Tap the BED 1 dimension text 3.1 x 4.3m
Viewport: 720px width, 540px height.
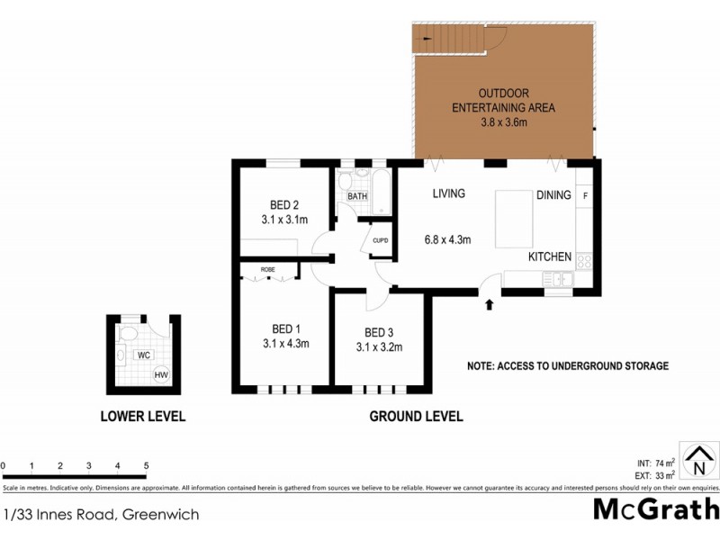click(x=286, y=343)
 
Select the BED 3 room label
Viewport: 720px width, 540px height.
click(x=379, y=331)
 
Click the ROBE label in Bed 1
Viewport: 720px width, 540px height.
click(x=267, y=270)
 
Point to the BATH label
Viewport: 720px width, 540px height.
click(x=357, y=195)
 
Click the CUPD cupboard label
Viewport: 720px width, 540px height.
click(x=380, y=241)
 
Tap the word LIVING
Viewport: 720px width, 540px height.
click(x=447, y=193)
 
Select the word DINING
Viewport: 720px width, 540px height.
click(x=553, y=194)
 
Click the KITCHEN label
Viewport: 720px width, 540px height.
click(x=549, y=256)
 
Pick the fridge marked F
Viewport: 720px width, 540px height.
click(x=586, y=195)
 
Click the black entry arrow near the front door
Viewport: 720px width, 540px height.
click(x=489, y=305)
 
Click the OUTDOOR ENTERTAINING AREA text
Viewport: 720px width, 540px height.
click(x=503, y=107)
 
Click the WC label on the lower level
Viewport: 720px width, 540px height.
click(x=142, y=355)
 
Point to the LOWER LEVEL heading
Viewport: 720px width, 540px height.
click(x=143, y=416)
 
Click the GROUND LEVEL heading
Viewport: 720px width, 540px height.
click(x=416, y=416)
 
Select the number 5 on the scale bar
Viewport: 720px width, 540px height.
click(x=146, y=465)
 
